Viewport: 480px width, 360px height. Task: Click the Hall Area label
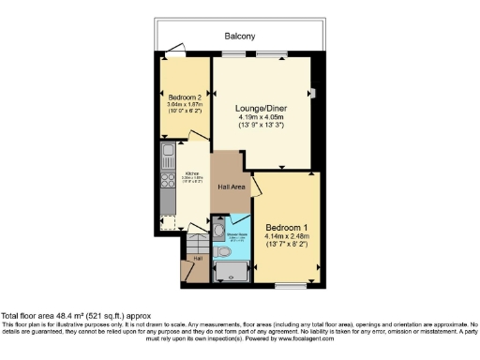tap(232, 187)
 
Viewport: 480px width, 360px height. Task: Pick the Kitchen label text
tap(191, 173)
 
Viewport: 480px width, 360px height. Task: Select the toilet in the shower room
tap(217, 229)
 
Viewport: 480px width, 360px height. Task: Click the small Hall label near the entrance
tap(197, 259)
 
